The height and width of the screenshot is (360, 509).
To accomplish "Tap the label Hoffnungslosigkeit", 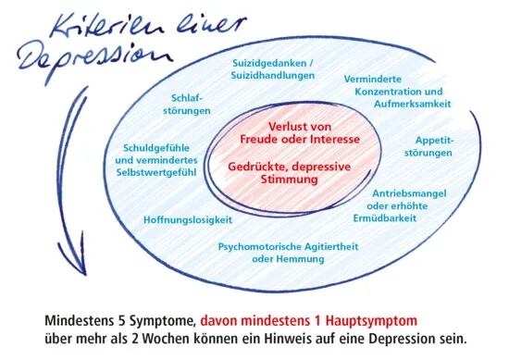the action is pos(188,220).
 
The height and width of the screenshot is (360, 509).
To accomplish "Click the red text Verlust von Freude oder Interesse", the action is pos(299,132).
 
